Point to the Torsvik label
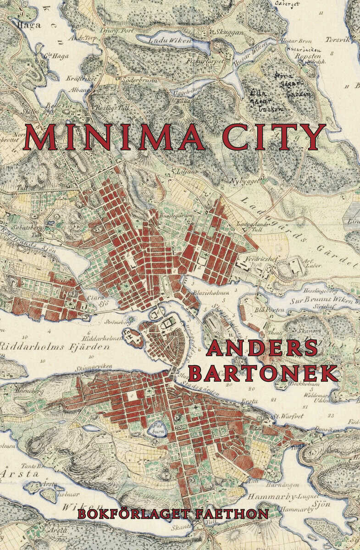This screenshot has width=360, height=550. pyautogui.click(x=338, y=40)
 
